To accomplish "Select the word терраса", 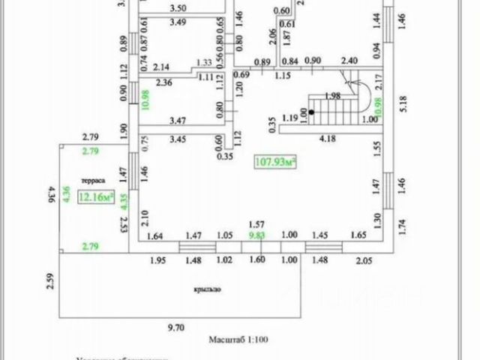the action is tap(94, 182).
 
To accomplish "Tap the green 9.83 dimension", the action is tap(256, 235).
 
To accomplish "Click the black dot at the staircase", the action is tap(310, 112).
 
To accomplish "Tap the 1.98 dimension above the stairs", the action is tap(334, 94).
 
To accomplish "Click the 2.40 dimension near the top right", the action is tap(349, 61).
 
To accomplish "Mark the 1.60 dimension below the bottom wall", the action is tap(256, 260).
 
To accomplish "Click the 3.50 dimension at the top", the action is tap(178, 9).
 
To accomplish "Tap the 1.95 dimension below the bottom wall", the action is tap(157, 260).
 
